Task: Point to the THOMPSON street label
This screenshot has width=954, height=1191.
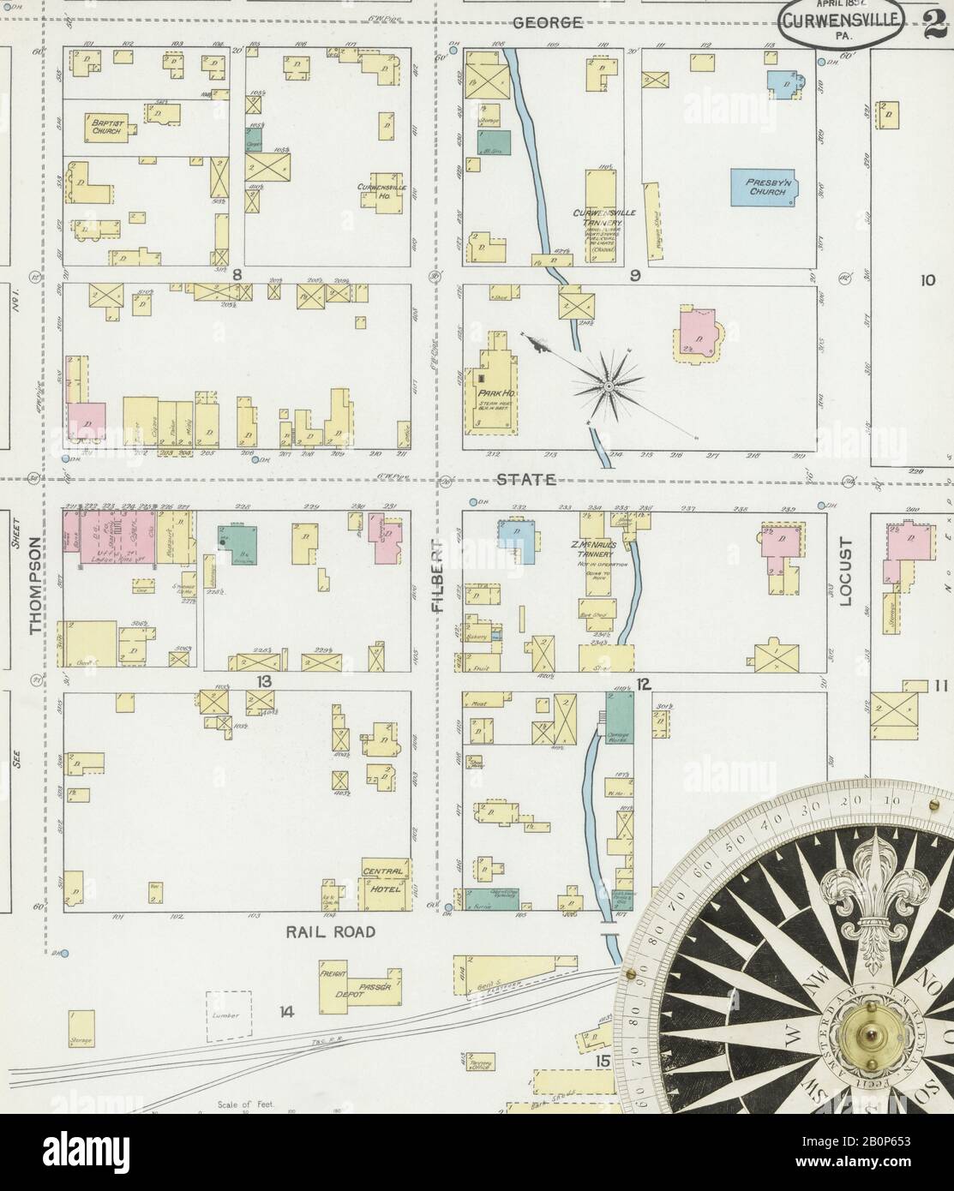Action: click(x=35, y=586)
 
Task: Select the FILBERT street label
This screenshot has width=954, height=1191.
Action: click(x=438, y=583)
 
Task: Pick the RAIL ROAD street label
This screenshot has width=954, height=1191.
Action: click(x=331, y=932)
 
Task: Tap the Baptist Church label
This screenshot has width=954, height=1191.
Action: click(x=107, y=128)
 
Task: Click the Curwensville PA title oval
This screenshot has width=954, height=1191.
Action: click(x=840, y=26)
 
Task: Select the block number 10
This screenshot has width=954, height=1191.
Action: click(x=927, y=279)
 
